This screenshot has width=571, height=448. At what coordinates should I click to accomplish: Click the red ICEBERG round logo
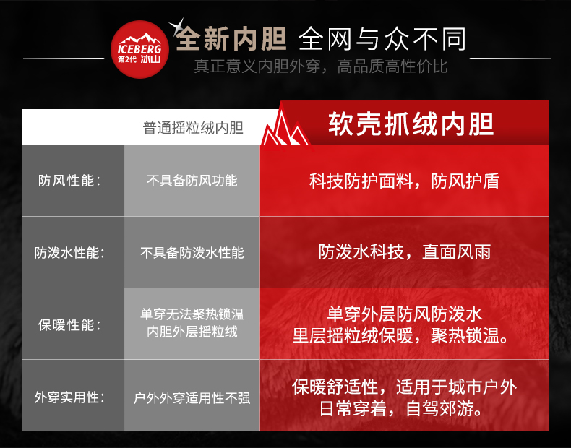[139, 49]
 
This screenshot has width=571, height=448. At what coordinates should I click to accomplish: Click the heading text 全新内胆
[231, 38]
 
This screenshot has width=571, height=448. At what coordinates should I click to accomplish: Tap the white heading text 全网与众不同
[382, 39]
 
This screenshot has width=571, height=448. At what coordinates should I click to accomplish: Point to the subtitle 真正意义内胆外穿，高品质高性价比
[320, 66]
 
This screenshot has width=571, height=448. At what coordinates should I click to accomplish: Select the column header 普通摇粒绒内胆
[193, 128]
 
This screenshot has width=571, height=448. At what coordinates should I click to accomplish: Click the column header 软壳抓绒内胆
[411, 124]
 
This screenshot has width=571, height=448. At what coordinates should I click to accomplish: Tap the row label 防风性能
[69, 181]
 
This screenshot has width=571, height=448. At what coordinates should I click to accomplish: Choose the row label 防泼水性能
[69, 253]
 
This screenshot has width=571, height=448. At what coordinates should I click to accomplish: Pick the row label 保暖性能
[69, 324]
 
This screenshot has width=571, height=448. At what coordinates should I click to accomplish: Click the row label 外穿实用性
[69, 397]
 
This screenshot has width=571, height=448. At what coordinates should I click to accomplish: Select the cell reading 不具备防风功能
[192, 181]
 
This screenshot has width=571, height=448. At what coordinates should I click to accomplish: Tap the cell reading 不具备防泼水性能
[192, 253]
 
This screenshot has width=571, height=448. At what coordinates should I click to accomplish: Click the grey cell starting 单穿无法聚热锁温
[192, 323]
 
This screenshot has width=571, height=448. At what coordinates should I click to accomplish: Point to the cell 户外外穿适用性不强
[192, 397]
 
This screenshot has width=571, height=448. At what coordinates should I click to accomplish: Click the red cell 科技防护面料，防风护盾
[404, 181]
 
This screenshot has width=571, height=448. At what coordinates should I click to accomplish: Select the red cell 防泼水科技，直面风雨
[404, 252]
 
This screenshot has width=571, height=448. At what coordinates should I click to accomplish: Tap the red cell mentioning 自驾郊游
[404, 397]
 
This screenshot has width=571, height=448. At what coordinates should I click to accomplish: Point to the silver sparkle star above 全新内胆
[177, 27]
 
